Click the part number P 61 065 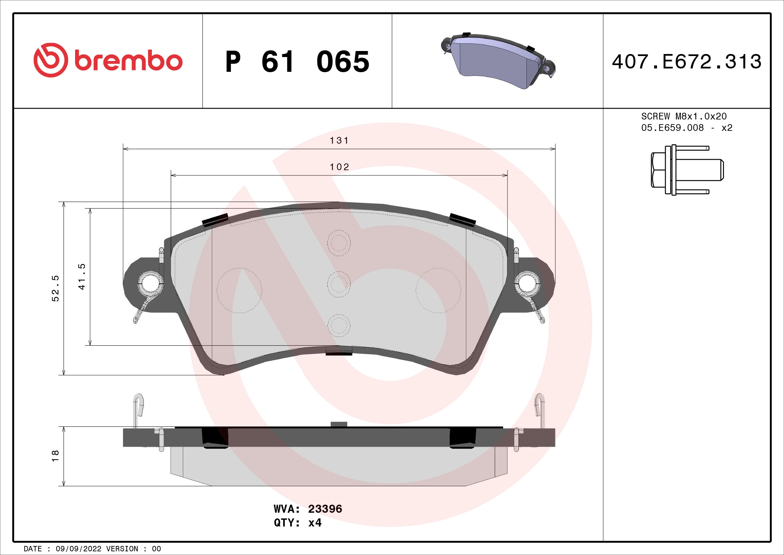(x=297, y=62)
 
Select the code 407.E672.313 (x=686, y=62)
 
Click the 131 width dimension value (x=339, y=141)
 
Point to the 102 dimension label (x=339, y=167)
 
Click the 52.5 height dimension (x=55, y=288)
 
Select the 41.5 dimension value (x=82, y=276)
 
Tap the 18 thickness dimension (x=55, y=456)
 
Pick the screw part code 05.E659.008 (x=672, y=128)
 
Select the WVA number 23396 (x=325, y=509)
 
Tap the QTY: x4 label (x=297, y=523)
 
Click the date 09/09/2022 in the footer (x=78, y=549)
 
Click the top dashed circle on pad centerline (x=339, y=243)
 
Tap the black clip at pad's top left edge (x=215, y=220)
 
